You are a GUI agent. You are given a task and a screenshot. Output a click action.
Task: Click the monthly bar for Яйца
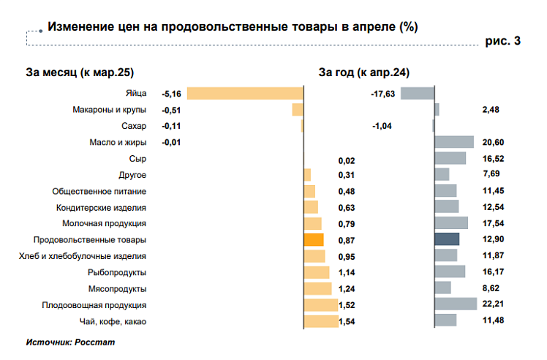click(245, 93)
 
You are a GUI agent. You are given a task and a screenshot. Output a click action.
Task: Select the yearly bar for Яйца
click(417, 93)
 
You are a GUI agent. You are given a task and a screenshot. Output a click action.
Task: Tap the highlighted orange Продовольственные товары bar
click(313, 239)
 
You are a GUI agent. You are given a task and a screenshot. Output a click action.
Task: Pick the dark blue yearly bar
click(447, 239)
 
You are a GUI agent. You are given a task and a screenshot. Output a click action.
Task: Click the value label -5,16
click(171, 94)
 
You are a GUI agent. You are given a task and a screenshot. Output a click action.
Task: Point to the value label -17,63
click(383, 94)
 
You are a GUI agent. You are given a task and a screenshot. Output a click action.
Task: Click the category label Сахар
click(135, 126)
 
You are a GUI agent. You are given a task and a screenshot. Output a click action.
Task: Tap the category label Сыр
click(137, 158)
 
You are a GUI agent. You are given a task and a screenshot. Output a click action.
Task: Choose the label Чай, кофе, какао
click(113, 320)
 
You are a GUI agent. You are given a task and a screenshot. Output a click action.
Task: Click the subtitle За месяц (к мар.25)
click(80, 72)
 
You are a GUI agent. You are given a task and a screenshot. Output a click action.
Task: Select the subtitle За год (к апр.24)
click(363, 72)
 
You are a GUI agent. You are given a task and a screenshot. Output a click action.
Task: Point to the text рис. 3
click(503, 41)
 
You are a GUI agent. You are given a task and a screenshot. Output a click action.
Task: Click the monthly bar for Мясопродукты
click(317, 288)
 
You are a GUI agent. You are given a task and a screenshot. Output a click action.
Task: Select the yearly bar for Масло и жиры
click(454, 142)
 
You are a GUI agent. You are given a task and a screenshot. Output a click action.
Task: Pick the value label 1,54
click(347, 321)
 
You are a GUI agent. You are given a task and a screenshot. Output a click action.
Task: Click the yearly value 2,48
click(491, 110)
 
